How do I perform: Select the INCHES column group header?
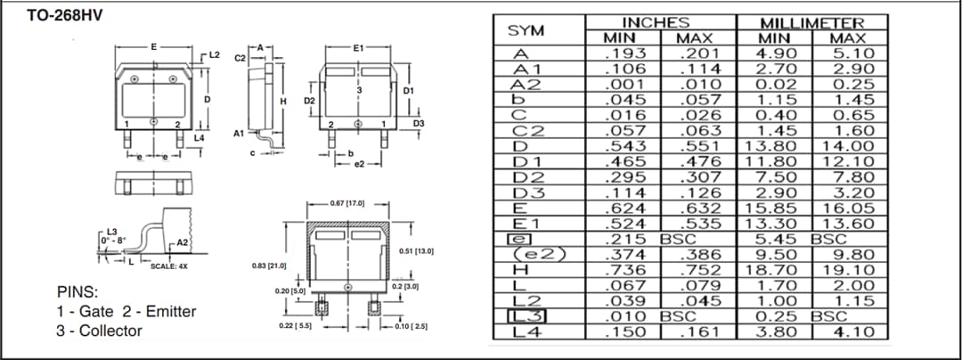point(656,22)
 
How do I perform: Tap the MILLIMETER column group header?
point(811,22)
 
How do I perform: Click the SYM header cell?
point(526,30)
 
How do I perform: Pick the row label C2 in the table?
point(523,130)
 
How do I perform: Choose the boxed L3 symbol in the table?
point(526,315)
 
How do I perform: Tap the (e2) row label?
point(529,254)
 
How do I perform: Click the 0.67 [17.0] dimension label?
point(348,203)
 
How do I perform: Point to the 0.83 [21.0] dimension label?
point(269,266)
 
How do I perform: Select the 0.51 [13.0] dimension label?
point(417,251)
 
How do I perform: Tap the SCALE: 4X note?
point(168,266)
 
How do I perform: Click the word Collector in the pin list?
point(108,331)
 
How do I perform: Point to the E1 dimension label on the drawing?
point(358,45)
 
